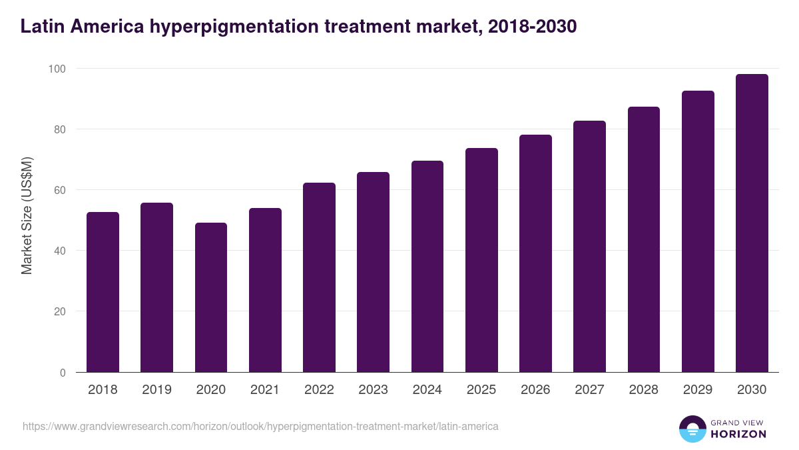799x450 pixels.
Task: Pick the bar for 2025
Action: [x=481, y=260]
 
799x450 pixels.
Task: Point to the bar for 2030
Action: [x=752, y=223]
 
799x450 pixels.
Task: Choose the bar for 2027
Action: [x=589, y=247]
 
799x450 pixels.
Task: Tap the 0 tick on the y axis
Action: [x=63, y=373]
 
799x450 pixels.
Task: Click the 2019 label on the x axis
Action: [x=156, y=390]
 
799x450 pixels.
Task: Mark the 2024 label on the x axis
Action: [x=427, y=390]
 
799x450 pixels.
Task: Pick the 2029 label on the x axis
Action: [x=698, y=390]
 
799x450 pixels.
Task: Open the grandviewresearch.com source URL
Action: [x=260, y=426]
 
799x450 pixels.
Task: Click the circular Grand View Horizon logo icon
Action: [x=692, y=429]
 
